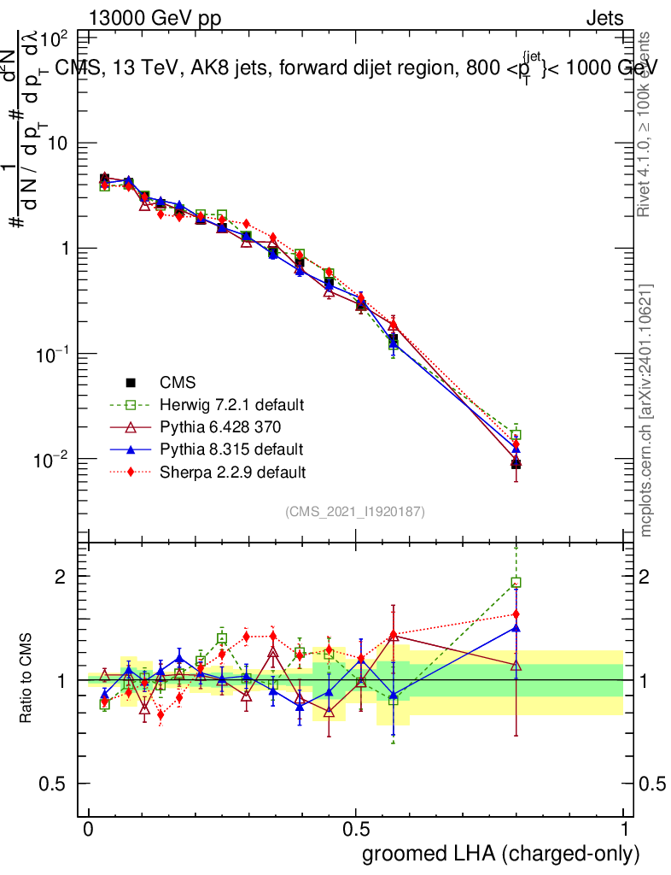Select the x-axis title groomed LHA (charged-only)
click(x=502, y=854)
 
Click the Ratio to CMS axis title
click(x=27, y=679)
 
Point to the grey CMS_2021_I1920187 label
click(x=355, y=512)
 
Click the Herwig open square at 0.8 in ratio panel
click(x=516, y=583)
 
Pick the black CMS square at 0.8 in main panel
click(x=516, y=464)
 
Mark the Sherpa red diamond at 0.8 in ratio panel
click(x=516, y=614)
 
